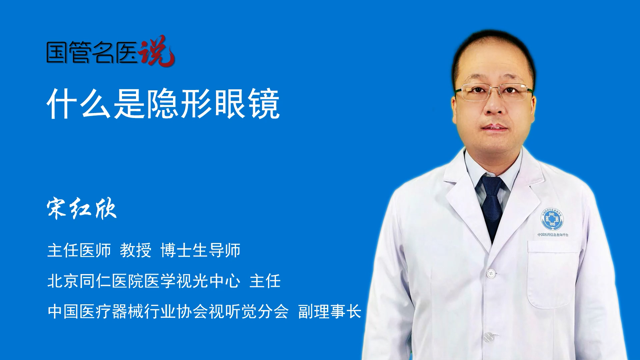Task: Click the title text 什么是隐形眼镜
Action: pos(163,104)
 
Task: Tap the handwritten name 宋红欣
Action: pos(82,209)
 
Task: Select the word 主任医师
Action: pos(79,250)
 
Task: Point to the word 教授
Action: pos(136,250)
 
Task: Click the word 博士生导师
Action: pos(200,250)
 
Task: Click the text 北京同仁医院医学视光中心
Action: pos(144,281)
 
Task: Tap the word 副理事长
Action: pos(330,312)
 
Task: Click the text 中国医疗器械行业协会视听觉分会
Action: pos(168,312)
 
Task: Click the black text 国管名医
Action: pos(92,52)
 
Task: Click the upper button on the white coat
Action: pos(491,273)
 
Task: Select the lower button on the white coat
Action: pos(488,337)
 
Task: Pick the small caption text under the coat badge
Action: pos(553,235)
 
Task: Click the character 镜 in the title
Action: pos(265,104)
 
